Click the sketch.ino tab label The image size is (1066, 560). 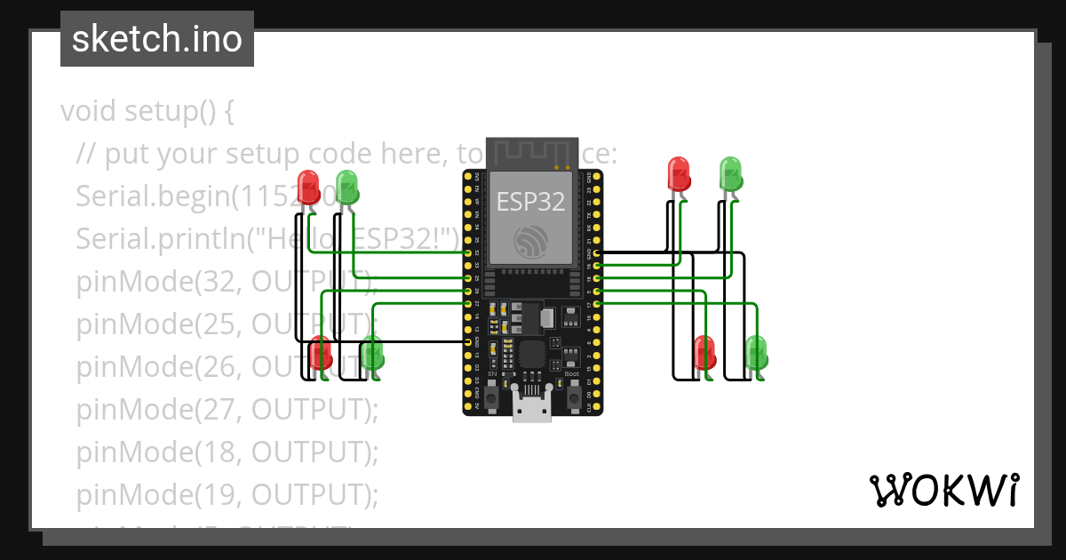(156, 39)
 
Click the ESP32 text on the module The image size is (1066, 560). (530, 202)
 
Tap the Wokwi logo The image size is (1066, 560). (943, 490)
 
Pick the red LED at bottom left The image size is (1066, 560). (321, 354)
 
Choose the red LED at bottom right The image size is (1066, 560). (704, 353)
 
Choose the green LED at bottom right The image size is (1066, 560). (756, 353)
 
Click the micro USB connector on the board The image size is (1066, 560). (532, 411)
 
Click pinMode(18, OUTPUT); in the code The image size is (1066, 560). (227, 452)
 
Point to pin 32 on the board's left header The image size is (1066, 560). (469, 253)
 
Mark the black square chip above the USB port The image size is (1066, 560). (533, 354)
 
